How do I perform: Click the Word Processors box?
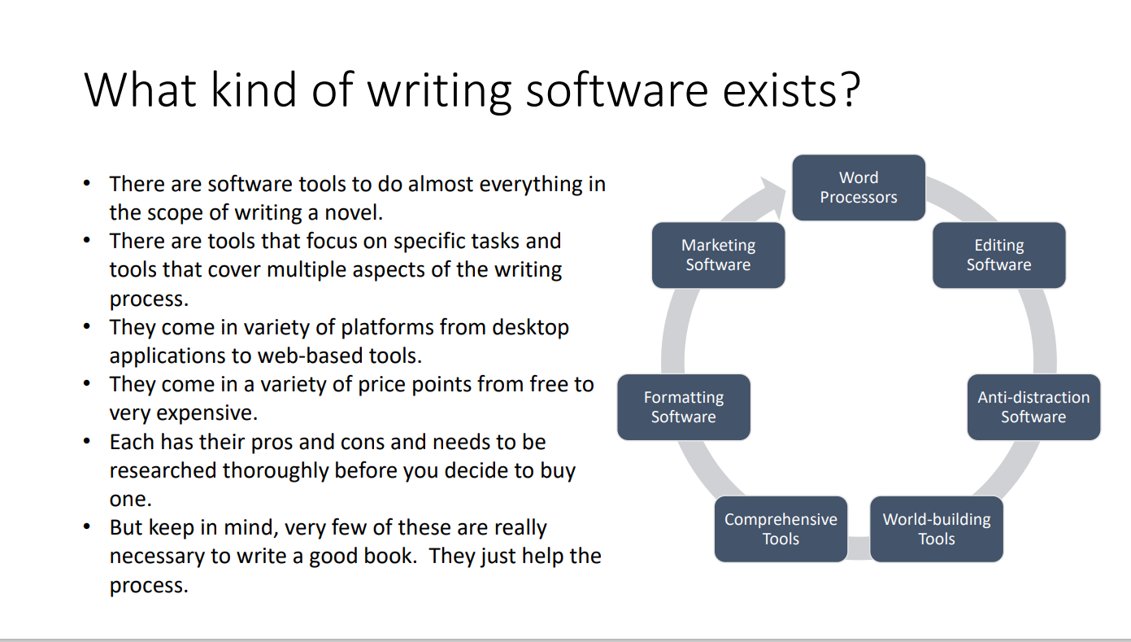859,187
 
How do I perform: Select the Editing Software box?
998,255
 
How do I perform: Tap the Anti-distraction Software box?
1033,407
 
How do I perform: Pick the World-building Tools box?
937,529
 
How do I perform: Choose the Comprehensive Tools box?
781,529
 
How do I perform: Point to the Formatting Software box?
684,407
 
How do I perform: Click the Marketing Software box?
719,255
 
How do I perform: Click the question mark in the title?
850,90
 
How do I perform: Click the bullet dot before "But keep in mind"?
87,527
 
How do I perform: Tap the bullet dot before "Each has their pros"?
87,442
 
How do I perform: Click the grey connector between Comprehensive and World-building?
859,548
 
